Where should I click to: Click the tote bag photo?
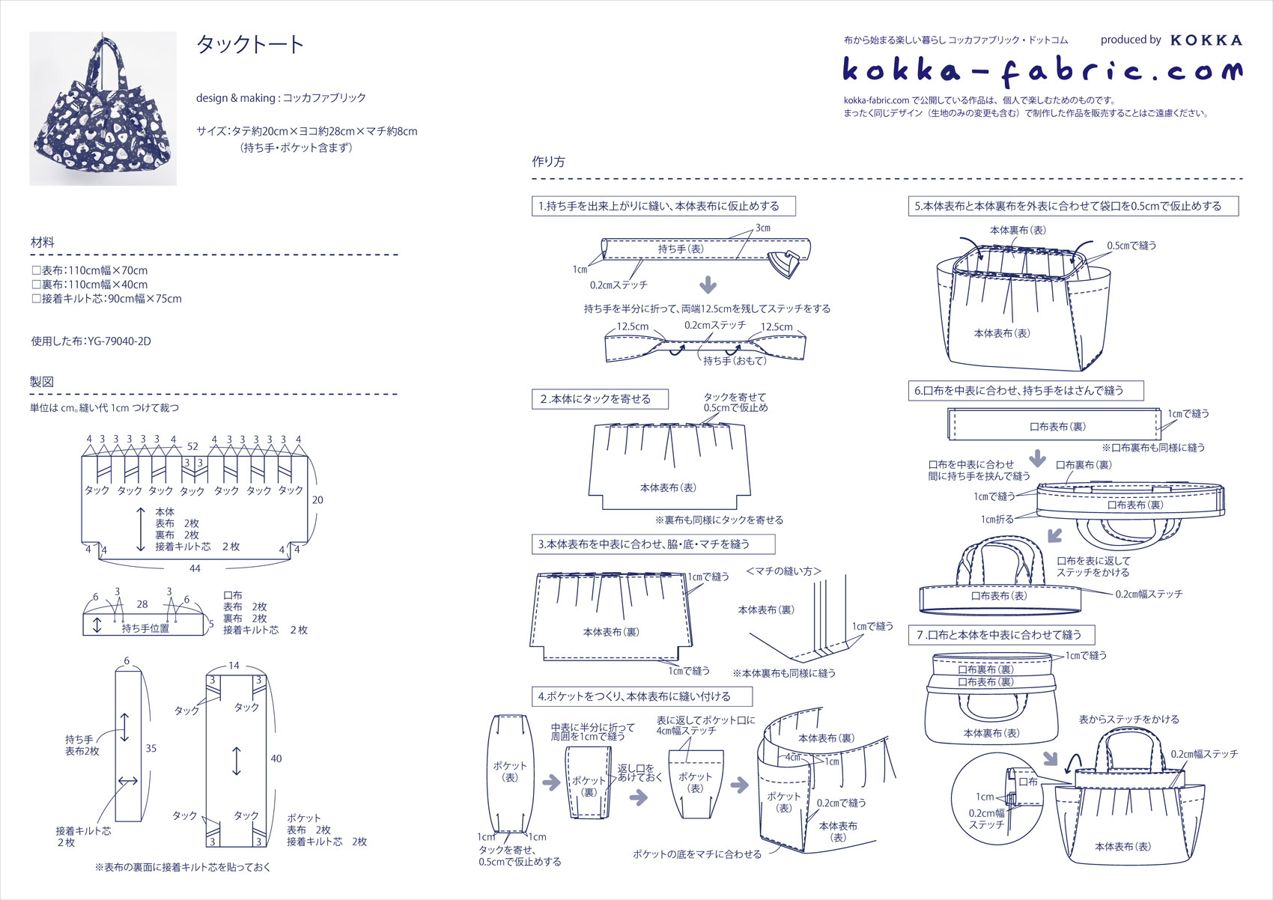[103, 109]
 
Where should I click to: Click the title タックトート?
[249, 45]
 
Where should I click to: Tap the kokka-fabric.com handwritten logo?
[1042, 71]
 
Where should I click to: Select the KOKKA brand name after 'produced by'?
[1206, 40]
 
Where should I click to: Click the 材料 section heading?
[43, 243]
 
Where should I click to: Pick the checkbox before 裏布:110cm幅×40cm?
[36, 285]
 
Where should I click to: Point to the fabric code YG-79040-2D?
[119, 341]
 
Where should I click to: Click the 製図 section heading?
[42, 382]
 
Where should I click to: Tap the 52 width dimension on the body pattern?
[192, 446]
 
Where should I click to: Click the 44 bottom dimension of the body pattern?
[195, 568]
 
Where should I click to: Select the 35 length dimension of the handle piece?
[151, 748]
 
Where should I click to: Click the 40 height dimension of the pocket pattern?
[276, 758]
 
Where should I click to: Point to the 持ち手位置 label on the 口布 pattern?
[145, 628]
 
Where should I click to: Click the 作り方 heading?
[548, 162]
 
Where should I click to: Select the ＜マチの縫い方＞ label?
[783, 571]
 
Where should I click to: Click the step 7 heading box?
[1001, 635]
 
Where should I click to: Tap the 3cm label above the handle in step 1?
[762, 228]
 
